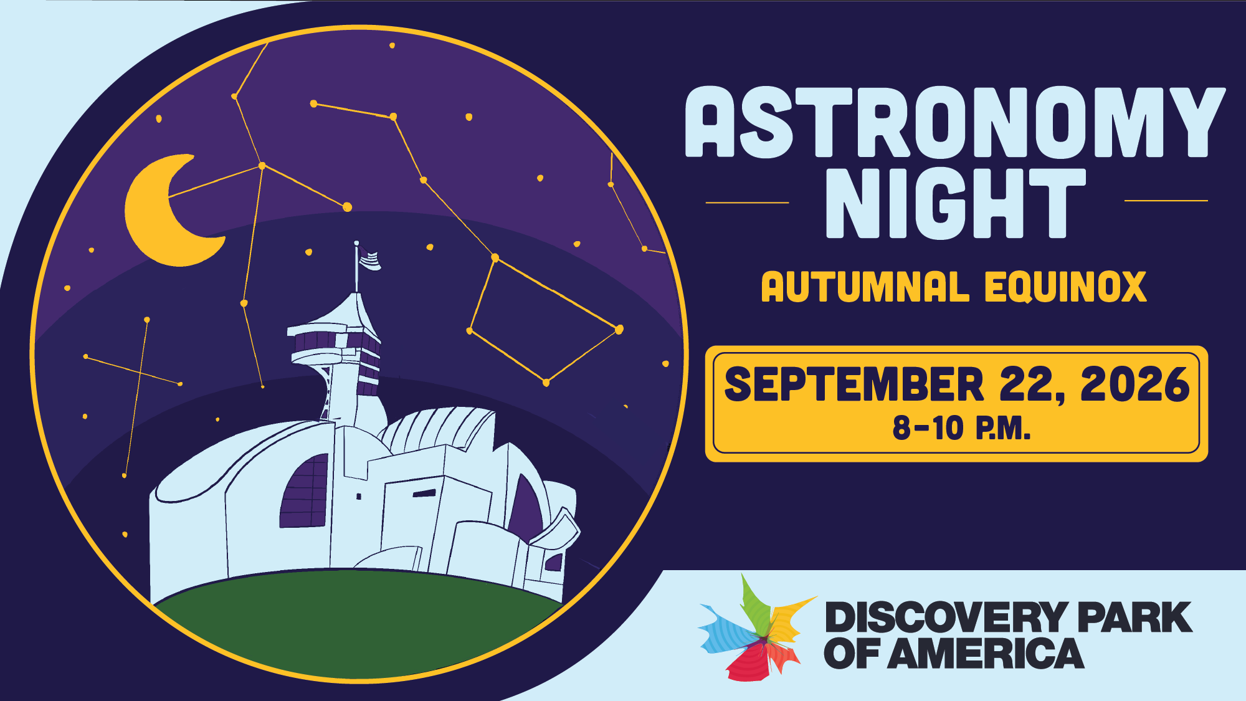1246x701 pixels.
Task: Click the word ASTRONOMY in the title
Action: coord(955,122)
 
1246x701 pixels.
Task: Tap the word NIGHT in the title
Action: coord(956,204)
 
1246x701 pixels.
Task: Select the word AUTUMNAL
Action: coord(865,287)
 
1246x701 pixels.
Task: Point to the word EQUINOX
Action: coord(1065,287)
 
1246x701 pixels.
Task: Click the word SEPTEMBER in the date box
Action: coord(854,384)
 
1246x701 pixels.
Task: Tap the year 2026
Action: coord(1135,384)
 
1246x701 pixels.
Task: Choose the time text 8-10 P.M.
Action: coord(961,429)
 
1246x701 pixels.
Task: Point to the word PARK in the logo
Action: coord(1135,618)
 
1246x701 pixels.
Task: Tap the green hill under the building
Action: coord(358,623)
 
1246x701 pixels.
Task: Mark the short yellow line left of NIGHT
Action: coord(747,203)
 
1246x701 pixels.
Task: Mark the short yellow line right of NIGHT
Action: coord(1166,201)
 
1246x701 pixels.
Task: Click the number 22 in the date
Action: coord(1029,384)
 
